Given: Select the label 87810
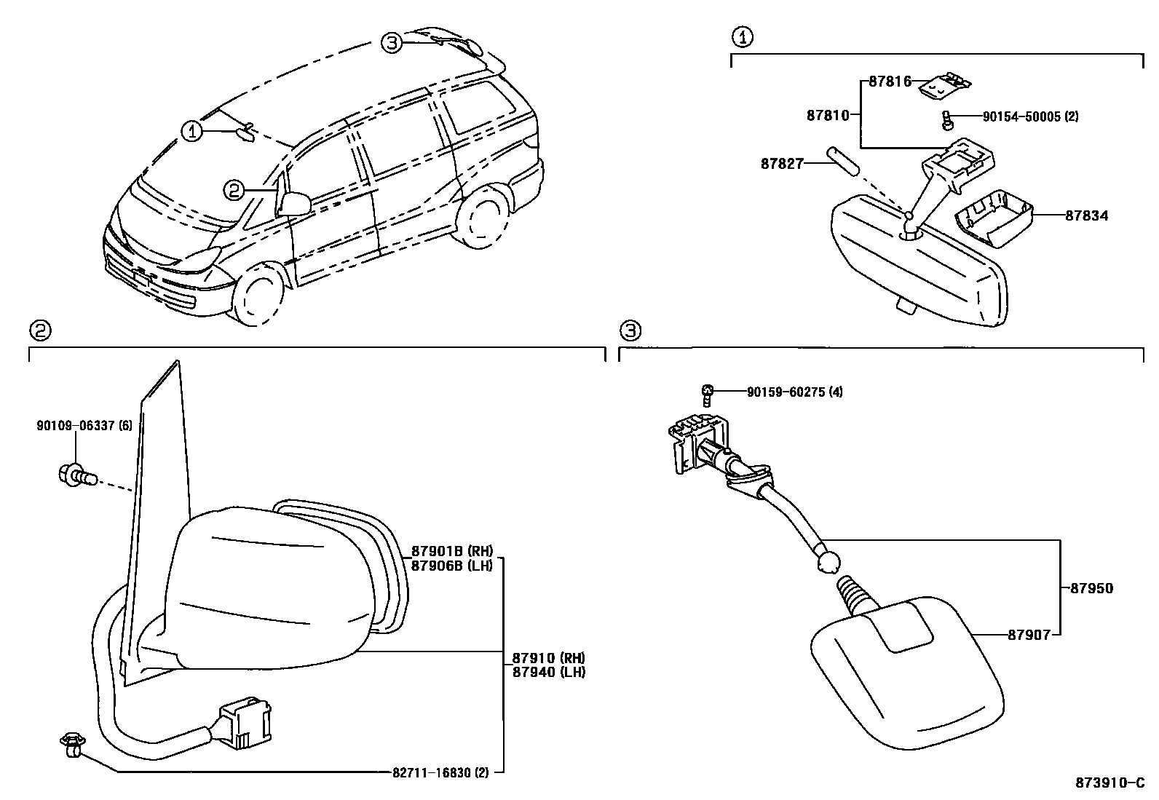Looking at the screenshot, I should [828, 115].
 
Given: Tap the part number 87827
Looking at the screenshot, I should [782, 164].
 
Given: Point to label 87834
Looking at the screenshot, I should [1086, 216].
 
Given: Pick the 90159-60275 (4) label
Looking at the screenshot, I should [794, 392].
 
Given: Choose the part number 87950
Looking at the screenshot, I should [1091, 588].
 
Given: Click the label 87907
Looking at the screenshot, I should [1029, 635].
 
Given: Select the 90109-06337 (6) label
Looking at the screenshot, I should [84, 426].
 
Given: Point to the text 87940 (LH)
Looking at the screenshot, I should [548, 672].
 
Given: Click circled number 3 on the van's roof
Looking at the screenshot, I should [392, 43].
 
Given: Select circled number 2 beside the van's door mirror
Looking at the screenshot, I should [233, 191].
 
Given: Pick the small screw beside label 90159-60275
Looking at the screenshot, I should [706, 394].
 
